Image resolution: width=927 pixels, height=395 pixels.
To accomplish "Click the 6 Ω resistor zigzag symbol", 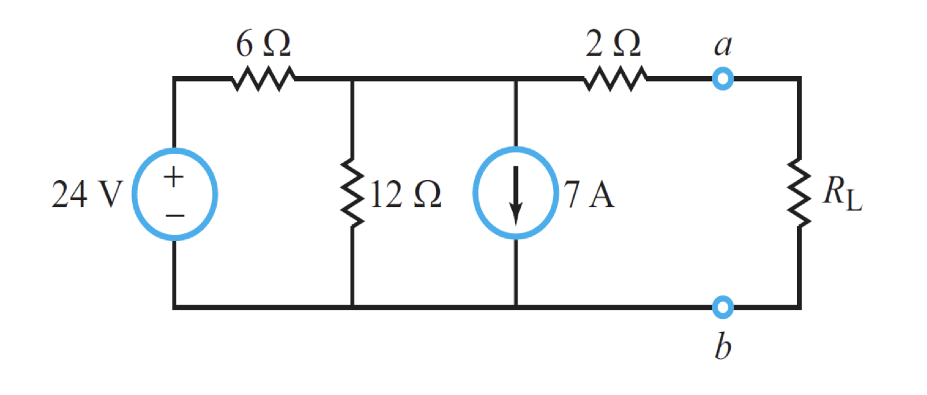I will tap(264, 79).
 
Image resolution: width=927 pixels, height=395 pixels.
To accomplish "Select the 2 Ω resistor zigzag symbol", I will tap(616, 79).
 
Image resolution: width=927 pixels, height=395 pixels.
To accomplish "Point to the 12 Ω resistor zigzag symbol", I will tap(353, 194).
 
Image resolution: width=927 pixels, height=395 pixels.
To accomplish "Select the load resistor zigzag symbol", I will tap(799, 194).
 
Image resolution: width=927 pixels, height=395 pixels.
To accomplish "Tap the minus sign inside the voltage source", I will tap(175, 216).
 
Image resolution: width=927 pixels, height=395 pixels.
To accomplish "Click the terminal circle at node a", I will tap(723, 79).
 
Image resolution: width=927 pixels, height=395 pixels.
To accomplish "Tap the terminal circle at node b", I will tap(723, 307).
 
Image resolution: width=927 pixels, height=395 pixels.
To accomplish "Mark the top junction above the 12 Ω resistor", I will tap(353, 79).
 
